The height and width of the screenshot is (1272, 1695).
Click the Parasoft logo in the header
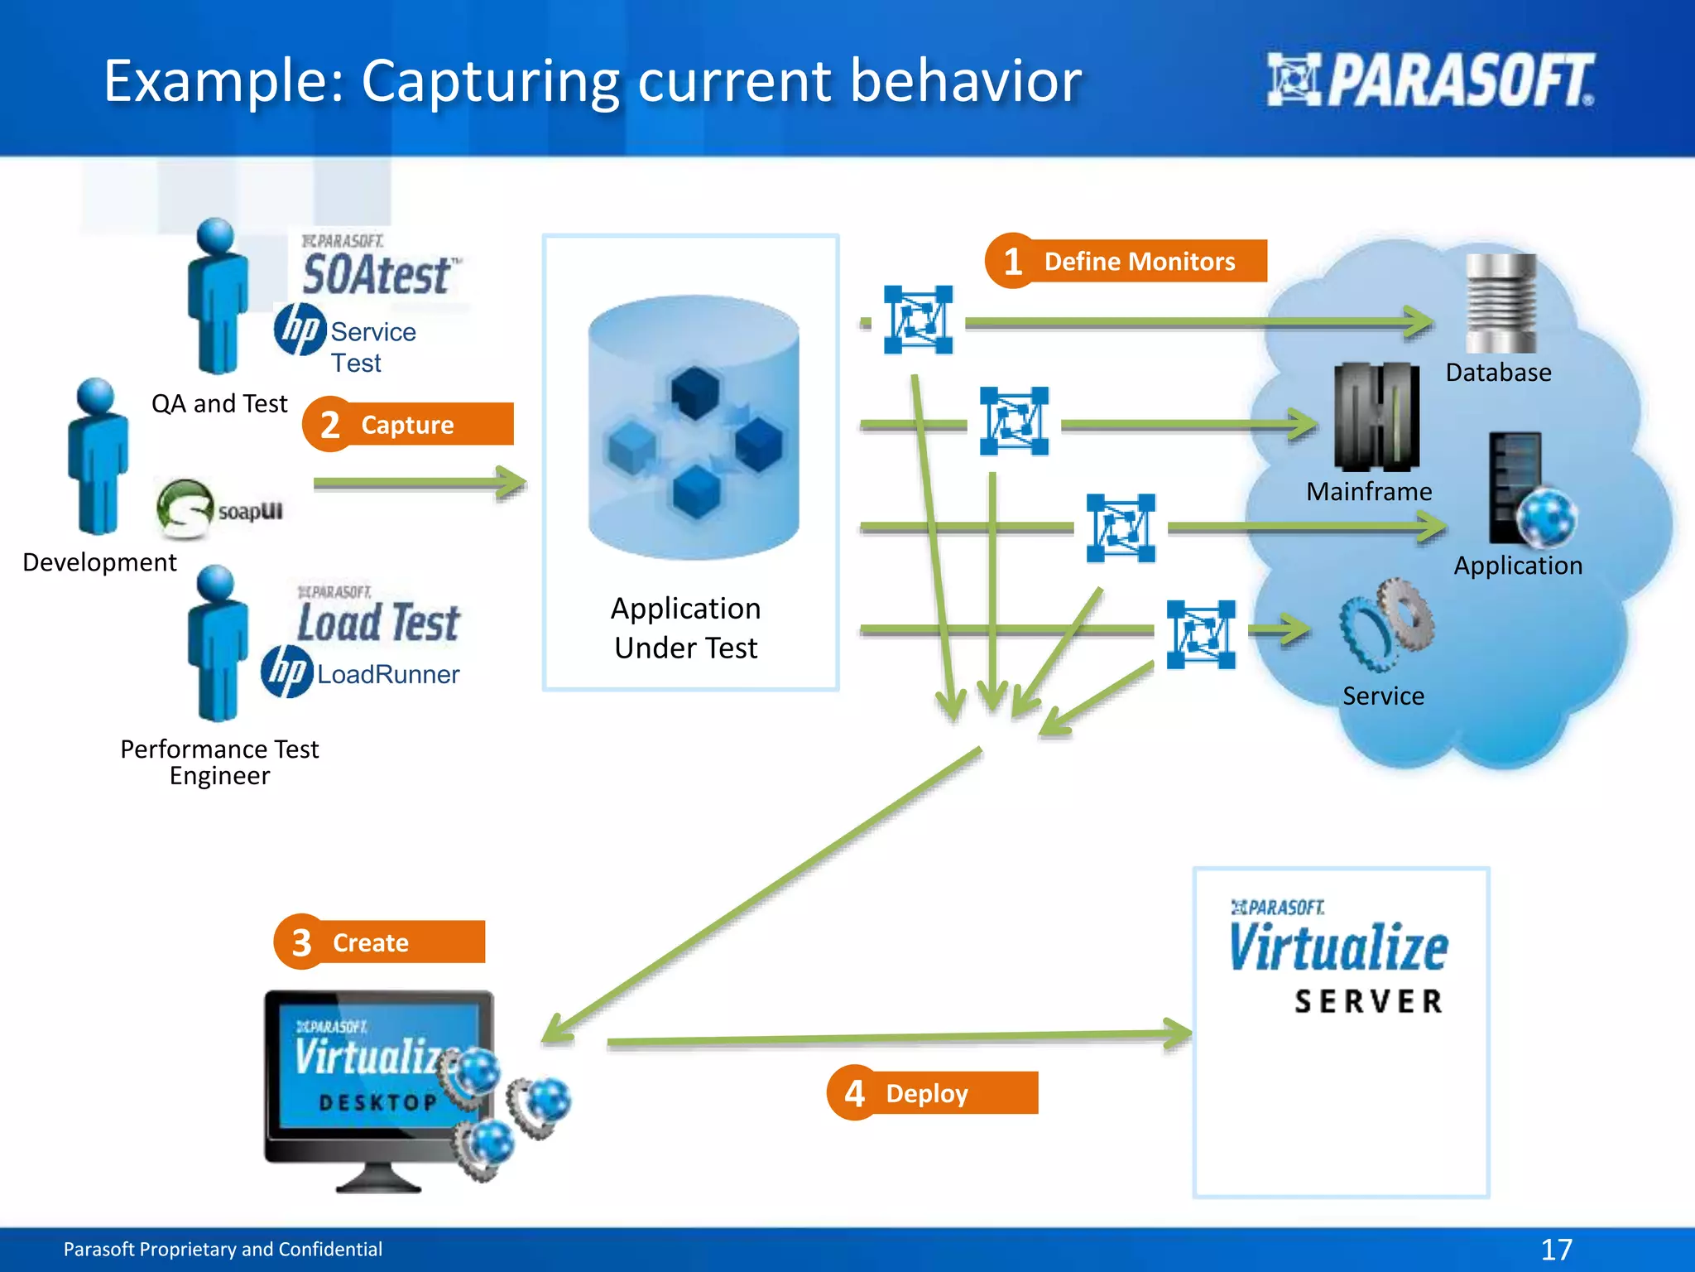click(x=1430, y=80)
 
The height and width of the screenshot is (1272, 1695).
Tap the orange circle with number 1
click(x=1011, y=262)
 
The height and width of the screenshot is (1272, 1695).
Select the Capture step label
click(x=407, y=425)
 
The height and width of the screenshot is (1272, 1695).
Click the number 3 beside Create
click(x=301, y=942)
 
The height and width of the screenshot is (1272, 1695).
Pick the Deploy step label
click(x=926, y=1093)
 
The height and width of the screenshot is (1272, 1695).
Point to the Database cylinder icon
click(x=1500, y=304)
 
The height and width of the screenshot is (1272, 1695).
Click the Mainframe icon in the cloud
click(x=1376, y=417)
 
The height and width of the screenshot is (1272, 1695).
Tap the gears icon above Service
click(x=1386, y=624)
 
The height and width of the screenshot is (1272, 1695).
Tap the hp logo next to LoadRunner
click(x=286, y=672)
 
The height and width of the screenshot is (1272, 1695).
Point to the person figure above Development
click(x=98, y=457)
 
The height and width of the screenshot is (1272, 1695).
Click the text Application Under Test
click(x=686, y=628)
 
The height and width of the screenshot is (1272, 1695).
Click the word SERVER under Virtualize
click(x=1369, y=1001)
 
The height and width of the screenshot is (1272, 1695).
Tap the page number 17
click(x=1556, y=1249)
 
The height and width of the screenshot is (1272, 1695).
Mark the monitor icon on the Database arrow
click(x=918, y=320)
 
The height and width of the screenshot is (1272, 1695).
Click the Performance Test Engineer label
click(x=219, y=762)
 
